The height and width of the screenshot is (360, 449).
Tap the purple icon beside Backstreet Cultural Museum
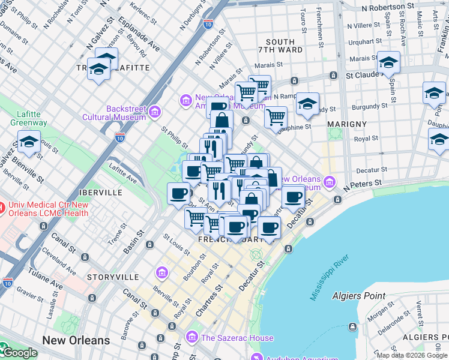pyautogui.click(x=155, y=112)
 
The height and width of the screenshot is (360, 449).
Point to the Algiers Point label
pyautogui.click(x=358, y=296)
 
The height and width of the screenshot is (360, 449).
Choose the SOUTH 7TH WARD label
pyautogui.click(x=280, y=46)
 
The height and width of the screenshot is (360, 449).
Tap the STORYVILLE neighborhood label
pyautogui.click(x=108, y=277)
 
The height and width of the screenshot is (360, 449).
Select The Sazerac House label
pyautogui.click(x=237, y=338)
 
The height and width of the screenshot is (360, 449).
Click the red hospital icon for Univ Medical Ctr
pyautogui.click(x=3, y=208)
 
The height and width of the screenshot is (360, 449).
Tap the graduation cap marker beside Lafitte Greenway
pyautogui.click(x=29, y=143)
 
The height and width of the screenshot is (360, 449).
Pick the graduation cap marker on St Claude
pyautogui.click(x=388, y=63)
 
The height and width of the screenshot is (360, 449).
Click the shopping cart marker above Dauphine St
pyautogui.click(x=276, y=117)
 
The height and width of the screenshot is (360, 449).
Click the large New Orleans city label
pyautogui.click(x=76, y=340)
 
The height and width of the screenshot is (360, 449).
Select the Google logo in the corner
pyautogui.click(x=19, y=353)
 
